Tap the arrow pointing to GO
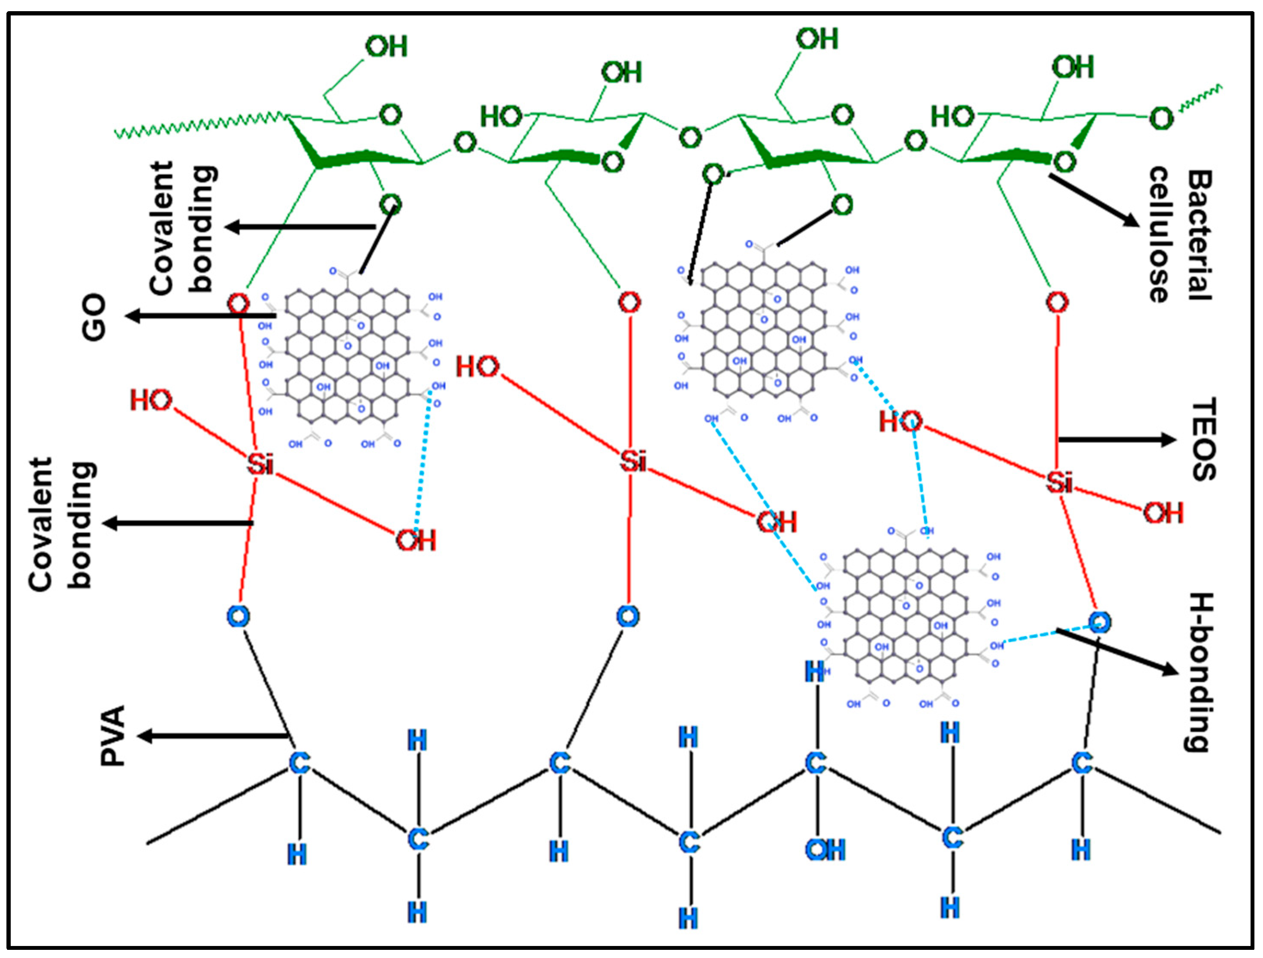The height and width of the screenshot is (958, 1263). tap(200, 315)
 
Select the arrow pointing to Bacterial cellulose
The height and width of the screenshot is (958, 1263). tap(1094, 200)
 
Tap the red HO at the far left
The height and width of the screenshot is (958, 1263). tap(150, 400)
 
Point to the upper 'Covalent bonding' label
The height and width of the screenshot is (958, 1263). tap(183, 228)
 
